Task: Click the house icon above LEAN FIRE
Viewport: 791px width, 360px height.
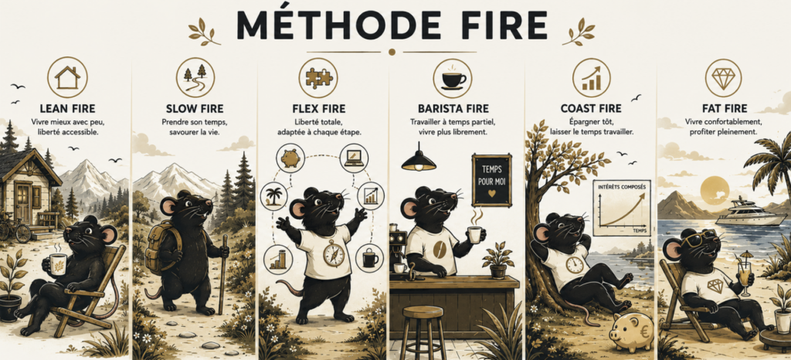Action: point(67,77)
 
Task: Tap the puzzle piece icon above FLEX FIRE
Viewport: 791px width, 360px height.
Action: point(317,77)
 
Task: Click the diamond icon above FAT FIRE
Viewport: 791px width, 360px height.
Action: point(723,78)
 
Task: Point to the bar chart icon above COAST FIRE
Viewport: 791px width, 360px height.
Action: point(591,78)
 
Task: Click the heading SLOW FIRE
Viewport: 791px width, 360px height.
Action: point(194,108)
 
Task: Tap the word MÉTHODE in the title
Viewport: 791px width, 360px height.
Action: point(331,23)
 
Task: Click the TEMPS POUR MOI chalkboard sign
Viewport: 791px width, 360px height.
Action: point(491,181)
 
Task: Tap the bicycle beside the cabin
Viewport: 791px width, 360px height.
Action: point(14,229)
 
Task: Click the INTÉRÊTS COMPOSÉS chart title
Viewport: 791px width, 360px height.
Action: point(622,187)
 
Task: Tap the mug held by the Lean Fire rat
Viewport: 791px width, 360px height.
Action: point(59,264)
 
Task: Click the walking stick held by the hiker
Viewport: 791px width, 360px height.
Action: point(222,274)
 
